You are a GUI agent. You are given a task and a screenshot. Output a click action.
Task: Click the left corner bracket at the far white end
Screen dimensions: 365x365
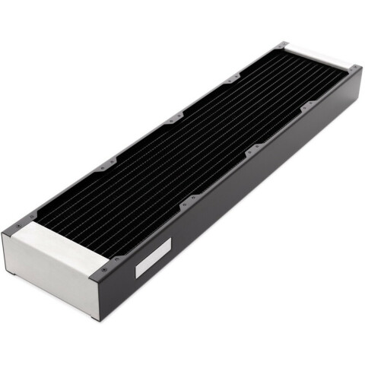pyautogui.click(x=284, y=45)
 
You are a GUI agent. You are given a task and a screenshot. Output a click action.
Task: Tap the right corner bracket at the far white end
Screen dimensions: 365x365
pyautogui.click(x=354, y=69)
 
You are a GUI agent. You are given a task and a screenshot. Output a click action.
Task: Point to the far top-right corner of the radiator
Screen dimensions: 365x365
pyautogui.click(x=359, y=67)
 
